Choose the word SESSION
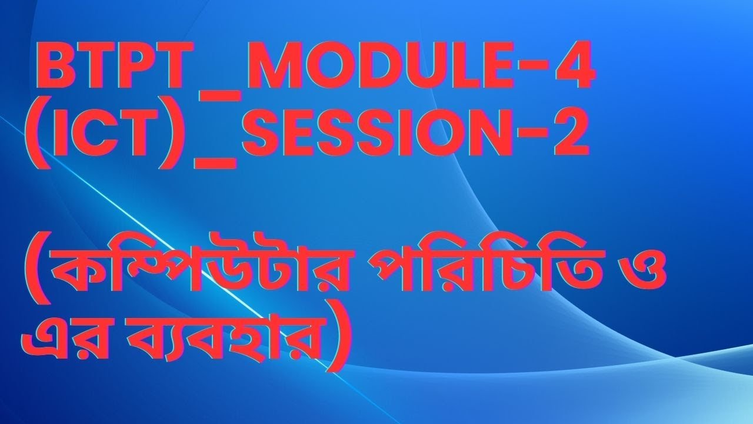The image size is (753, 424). click(x=365, y=137)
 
